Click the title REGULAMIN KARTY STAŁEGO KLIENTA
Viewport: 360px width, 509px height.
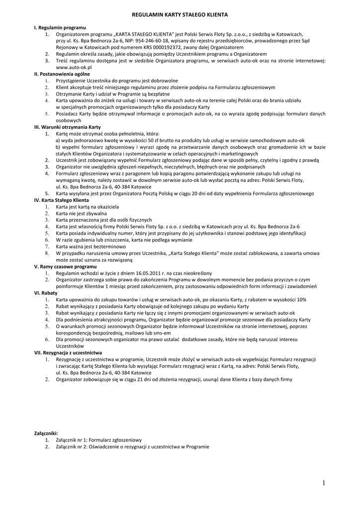180,16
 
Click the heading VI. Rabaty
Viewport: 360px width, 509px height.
45,293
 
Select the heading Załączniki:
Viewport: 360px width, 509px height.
46,433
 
